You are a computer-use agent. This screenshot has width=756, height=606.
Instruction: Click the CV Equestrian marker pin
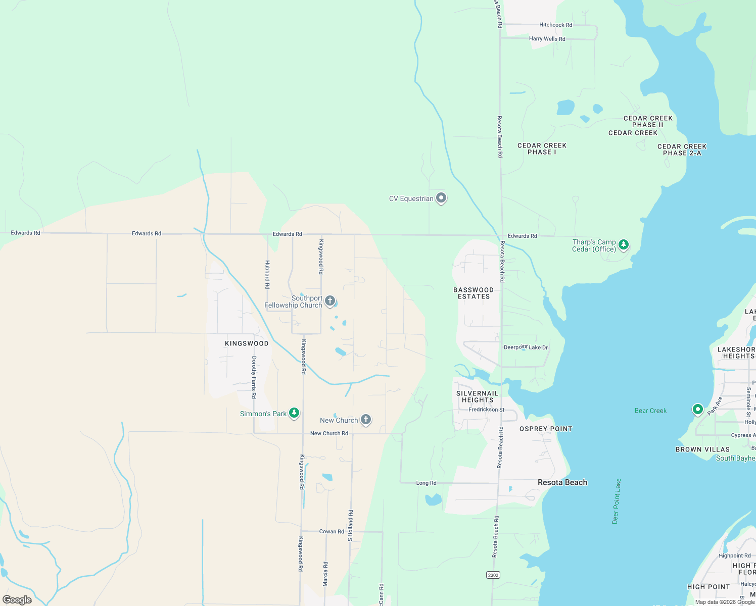[x=441, y=198]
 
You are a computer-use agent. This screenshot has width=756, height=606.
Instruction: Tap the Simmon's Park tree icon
[x=294, y=413]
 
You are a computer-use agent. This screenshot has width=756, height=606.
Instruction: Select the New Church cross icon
[x=366, y=420]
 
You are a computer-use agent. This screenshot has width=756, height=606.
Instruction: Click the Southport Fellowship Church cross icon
[x=329, y=301]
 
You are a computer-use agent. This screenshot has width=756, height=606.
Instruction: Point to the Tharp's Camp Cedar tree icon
[x=624, y=245]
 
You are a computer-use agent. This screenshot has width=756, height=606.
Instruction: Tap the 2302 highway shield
[x=493, y=575]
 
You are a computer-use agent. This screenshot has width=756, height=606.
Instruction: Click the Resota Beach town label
[x=562, y=482]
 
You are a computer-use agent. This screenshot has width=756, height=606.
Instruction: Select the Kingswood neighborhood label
[x=247, y=343]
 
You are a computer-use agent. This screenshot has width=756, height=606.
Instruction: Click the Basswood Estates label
[x=474, y=293]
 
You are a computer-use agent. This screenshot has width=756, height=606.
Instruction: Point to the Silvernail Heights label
[x=477, y=396]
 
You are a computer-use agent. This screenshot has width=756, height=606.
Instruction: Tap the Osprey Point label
[x=546, y=429]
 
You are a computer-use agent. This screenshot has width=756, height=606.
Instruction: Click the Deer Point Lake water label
[x=617, y=501]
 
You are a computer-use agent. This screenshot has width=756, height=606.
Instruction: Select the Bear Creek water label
[x=650, y=411]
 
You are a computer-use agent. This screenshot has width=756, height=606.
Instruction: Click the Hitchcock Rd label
[x=555, y=25]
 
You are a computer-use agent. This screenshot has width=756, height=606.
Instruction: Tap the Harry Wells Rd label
[x=547, y=39]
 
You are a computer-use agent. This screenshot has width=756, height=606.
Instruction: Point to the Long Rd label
[x=426, y=483]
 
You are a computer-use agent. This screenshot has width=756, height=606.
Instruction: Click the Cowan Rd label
[x=332, y=531]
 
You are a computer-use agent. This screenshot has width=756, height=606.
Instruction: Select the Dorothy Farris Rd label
[x=254, y=377]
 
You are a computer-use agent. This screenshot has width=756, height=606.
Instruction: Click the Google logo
[x=17, y=599]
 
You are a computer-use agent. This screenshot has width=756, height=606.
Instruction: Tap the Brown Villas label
[x=702, y=449]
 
